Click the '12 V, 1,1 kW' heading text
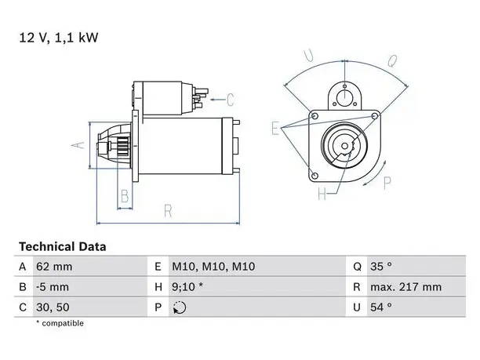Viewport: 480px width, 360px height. tap(59, 38)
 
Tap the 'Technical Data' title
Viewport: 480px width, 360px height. tap(63, 247)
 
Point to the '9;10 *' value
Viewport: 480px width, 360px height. tap(187, 287)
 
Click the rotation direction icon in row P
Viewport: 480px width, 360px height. tap(180, 307)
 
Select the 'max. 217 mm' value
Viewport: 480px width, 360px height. tap(406, 287)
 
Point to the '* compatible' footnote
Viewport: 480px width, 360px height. tap(60, 323)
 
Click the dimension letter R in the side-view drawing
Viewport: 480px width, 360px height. tap(168, 211)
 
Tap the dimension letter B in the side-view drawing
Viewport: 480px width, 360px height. tap(125, 196)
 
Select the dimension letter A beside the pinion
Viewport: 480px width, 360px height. tap(78, 145)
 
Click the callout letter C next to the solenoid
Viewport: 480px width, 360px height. tap(231, 100)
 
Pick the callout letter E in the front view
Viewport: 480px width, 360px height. tap(275, 129)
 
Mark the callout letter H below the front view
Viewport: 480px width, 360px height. tap(322, 194)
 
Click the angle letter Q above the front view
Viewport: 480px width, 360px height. tap(392, 61)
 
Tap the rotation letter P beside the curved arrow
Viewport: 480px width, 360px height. tap(387, 183)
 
